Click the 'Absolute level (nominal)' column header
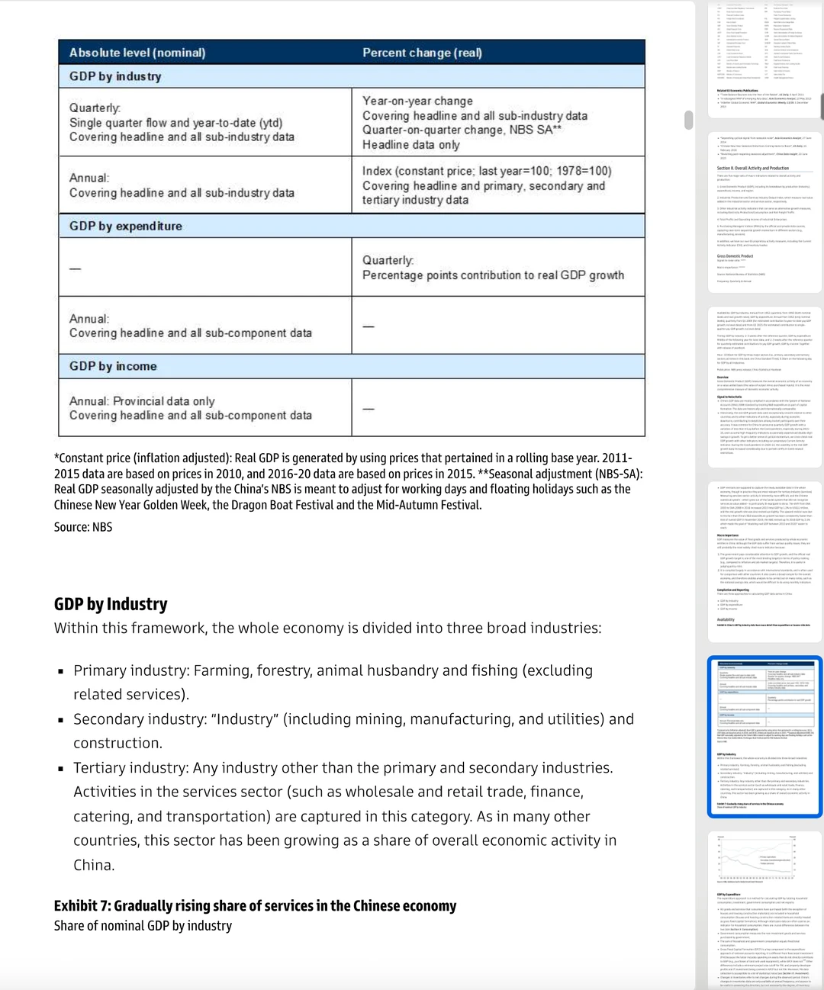pyautogui.click(x=137, y=53)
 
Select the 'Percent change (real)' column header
pyautogui.click(x=422, y=53)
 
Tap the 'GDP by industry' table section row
pyautogui.click(x=115, y=76)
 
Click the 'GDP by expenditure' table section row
pyautogui.click(x=126, y=226)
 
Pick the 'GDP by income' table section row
pyautogui.click(x=113, y=366)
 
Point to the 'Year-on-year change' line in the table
pyautogui.click(x=417, y=101)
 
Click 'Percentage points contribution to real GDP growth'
pyautogui.click(x=493, y=275)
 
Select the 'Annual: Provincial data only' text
pyautogui.click(x=142, y=401)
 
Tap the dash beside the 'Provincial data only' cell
pyautogui.click(x=369, y=409)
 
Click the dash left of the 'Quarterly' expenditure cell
pyautogui.click(x=75, y=268)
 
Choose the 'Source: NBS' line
pyautogui.click(x=83, y=527)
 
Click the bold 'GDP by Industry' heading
pyautogui.click(x=111, y=604)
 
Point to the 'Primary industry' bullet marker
pyautogui.click(x=61, y=671)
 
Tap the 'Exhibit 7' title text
pyautogui.click(x=255, y=905)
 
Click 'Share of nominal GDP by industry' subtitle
pyautogui.click(x=143, y=926)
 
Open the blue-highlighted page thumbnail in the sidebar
pyautogui.click(x=764, y=737)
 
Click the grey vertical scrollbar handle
pyautogui.click(x=688, y=120)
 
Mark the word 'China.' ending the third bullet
pyautogui.click(x=94, y=865)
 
